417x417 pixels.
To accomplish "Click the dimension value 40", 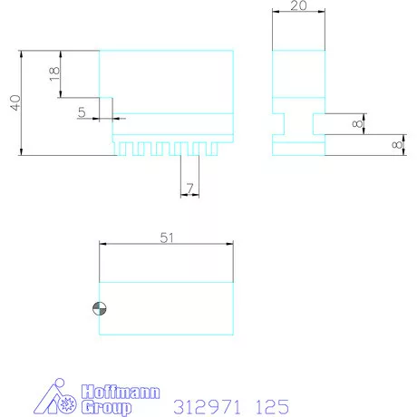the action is [15, 102].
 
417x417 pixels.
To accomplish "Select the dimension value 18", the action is [54, 73].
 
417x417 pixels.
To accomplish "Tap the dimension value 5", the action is [82, 112].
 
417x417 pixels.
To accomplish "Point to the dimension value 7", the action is [189, 189].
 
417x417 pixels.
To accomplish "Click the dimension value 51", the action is [167, 238].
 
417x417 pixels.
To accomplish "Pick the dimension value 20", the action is [299, 5].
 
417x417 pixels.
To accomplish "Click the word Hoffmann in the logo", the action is [121, 392].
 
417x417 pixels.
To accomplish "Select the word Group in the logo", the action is [106, 407].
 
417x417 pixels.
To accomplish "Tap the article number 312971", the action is [207, 407].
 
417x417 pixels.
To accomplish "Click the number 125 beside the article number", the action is [272, 407].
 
